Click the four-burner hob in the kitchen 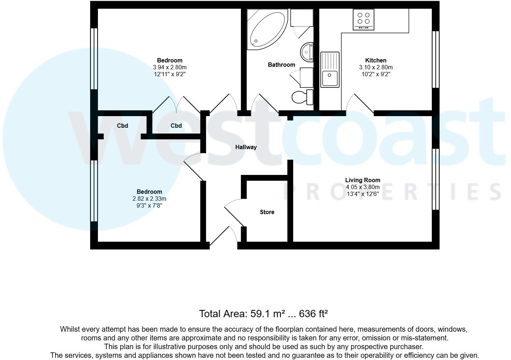(363, 20)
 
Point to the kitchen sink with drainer (330, 70)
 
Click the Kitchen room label (376, 60)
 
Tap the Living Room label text (363, 180)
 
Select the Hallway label (246, 147)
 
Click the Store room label (267, 212)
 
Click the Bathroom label (281, 65)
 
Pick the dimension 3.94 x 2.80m (169, 67)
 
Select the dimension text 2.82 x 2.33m (149, 199)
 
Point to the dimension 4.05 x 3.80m (363, 187)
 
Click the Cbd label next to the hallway (176, 126)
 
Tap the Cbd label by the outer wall (122, 126)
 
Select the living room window (435, 179)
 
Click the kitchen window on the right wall (435, 60)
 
